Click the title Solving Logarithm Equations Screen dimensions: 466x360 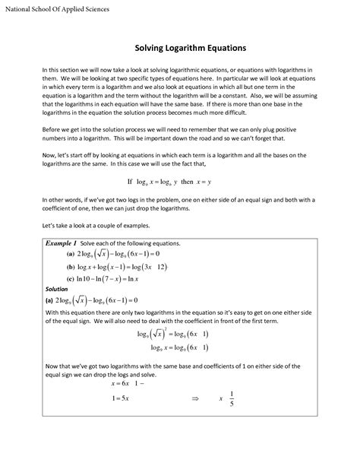[180, 48]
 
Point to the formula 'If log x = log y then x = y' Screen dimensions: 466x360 [179, 182]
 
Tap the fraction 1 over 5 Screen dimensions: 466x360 [231, 419]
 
